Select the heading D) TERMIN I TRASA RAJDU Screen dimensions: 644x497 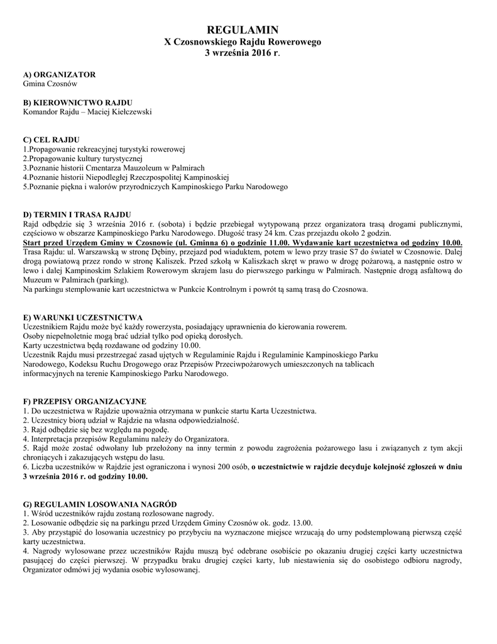77,214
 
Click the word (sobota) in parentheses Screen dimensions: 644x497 178,223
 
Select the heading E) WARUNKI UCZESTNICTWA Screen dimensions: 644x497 83,317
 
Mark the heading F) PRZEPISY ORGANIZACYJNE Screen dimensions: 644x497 84,401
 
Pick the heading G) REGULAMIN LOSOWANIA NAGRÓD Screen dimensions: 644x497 100,504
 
